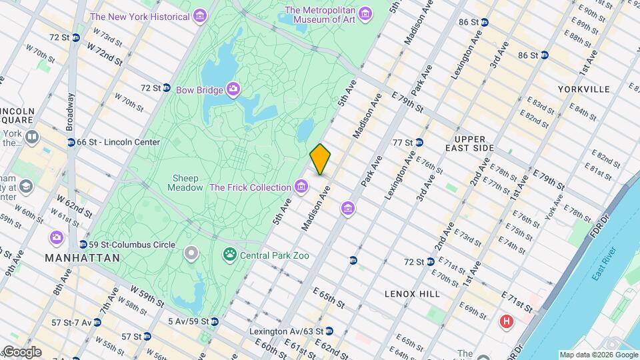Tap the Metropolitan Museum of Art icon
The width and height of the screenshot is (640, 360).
pyautogui.click(x=365, y=14)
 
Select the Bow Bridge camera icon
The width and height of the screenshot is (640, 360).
pyautogui.click(x=233, y=89)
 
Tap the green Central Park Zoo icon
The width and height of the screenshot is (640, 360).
pyautogui.click(x=229, y=255)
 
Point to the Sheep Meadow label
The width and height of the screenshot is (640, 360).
pyautogui.click(x=187, y=183)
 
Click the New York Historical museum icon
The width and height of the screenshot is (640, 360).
pyautogui.click(x=199, y=16)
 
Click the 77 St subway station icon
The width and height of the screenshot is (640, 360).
pyautogui.click(x=419, y=142)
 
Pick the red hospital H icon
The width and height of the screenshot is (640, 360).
pyautogui.click(x=507, y=322)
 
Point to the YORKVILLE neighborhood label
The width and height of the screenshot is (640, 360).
pyautogui.click(x=584, y=89)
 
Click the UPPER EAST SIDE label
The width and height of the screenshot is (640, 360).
pyautogui.click(x=470, y=143)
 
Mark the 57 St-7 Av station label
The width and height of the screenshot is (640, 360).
pyautogui.click(x=71, y=323)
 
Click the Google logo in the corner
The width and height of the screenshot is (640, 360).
pyautogui.click(x=21, y=352)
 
